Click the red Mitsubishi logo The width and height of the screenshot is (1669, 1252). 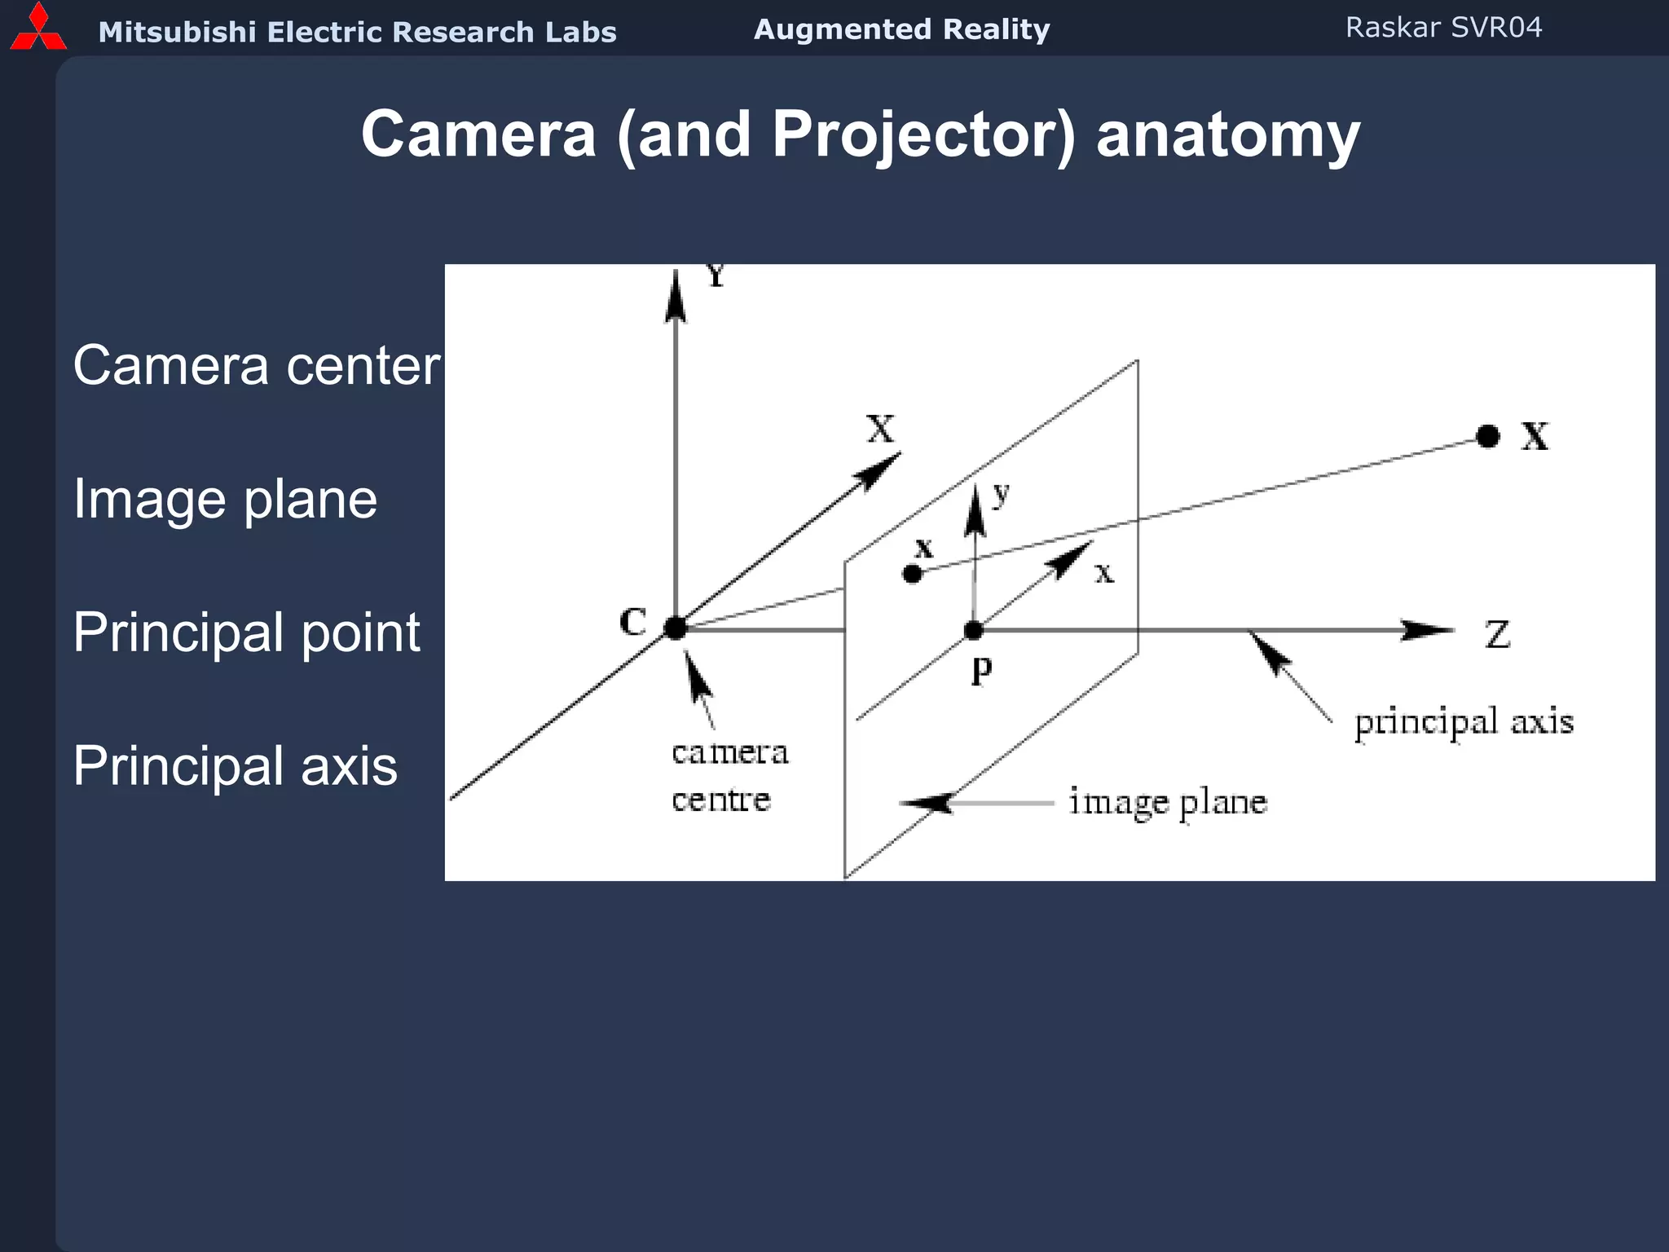pos(37,28)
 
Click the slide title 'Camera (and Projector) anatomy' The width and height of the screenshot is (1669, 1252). pos(861,134)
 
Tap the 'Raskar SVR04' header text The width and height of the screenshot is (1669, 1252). pos(1443,28)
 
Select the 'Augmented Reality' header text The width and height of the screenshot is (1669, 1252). pos(901,29)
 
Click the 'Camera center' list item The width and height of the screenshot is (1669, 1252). pos(257,365)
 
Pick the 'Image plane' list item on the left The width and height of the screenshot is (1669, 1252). pos(226,499)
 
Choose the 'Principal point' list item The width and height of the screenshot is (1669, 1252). pos(247,633)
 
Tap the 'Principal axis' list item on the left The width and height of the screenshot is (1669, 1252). pos(236,766)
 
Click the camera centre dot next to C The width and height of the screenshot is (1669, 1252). pos(676,628)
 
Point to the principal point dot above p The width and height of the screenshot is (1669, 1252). pos(974,630)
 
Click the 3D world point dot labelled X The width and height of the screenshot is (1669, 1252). pos(1488,437)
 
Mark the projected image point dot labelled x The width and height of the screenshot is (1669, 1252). pos(913,574)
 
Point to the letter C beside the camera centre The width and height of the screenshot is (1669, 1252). pos(633,623)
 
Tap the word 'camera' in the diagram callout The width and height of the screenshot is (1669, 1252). pos(730,753)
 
